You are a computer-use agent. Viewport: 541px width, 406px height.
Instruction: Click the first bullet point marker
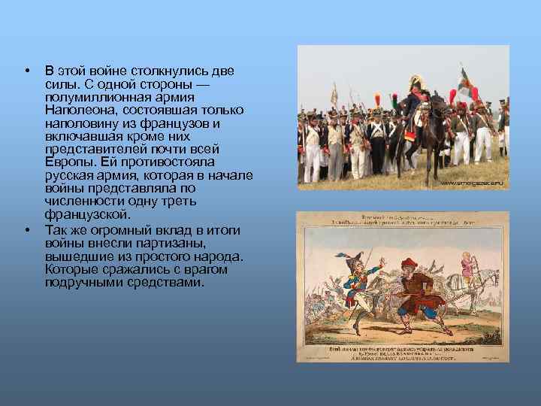pos(26,71)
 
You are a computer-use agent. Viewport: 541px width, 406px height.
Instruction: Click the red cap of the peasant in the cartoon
pos(408,264)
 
